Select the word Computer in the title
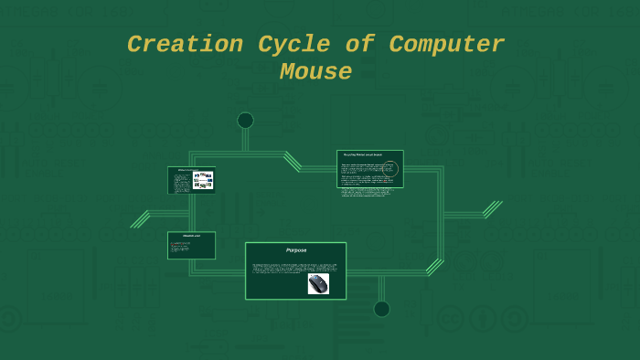coord(447,45)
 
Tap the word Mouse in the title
coord(315,72)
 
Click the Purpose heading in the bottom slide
coord(295,250)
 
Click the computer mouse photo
coord(318,284)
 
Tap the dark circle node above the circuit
coord(245,120)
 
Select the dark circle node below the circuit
coord(381,309)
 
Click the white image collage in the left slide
coord(203,180)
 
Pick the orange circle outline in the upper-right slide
coord(390,169)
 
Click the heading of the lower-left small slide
coord(191,237)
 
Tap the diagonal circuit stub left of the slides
coord(140,219)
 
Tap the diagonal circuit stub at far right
coord(492,210)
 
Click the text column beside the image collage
coord(181,182)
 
